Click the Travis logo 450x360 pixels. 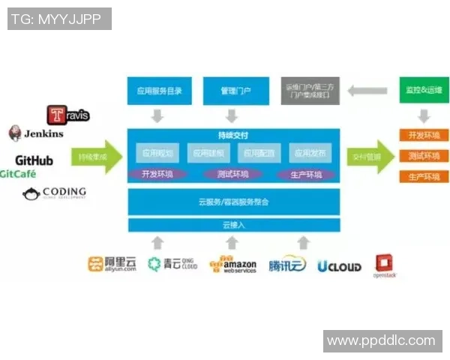68,115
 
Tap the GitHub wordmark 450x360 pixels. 34,160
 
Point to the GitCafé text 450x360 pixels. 18,174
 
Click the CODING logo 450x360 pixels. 54,193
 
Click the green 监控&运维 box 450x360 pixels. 423,91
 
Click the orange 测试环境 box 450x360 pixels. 423,157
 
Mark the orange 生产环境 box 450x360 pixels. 423,177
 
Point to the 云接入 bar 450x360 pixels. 233,225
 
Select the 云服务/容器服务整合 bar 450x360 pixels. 233,202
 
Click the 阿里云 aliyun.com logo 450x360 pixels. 112,264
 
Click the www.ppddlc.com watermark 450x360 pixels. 381,341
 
